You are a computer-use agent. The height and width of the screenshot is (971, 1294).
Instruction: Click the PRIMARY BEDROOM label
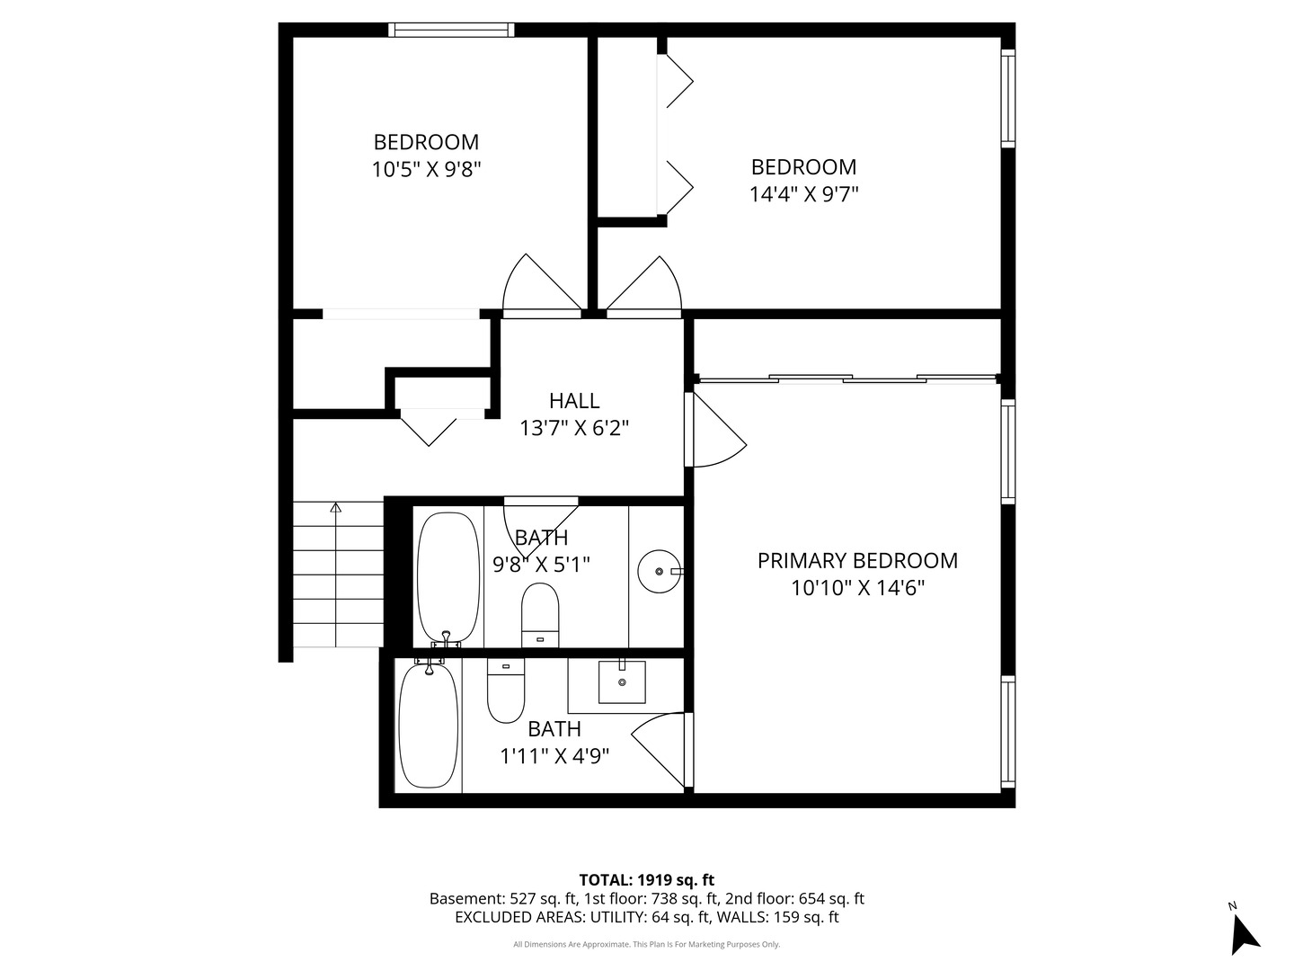(x=857, y=560)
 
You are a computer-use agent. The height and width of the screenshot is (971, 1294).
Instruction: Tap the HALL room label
(x=574, y=400)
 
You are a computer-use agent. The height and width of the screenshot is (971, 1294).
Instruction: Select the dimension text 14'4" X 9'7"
(x=803, y=193)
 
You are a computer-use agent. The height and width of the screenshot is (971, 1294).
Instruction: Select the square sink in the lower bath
(x=621, y=682)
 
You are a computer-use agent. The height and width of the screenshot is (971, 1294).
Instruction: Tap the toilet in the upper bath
(x=540, y=614)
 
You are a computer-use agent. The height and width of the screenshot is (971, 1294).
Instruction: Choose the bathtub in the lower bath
(x=429, y=726)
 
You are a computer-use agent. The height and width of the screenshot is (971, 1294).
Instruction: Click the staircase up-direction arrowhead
(x=336, y=508)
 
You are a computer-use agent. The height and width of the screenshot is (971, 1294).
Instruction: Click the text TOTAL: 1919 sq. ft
(x=646, y=879)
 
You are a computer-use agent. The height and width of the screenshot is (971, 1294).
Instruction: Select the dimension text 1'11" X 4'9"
(x=554, y=756)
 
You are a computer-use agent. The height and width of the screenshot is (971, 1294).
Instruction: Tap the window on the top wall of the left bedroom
(x=451, y=30)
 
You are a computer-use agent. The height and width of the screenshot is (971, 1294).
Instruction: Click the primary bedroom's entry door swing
(x=716, y=432)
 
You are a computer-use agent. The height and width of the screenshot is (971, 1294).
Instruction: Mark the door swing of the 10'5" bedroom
(x=539, y=286)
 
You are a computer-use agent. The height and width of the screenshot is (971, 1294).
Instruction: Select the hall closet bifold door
(x=430, y=427)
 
